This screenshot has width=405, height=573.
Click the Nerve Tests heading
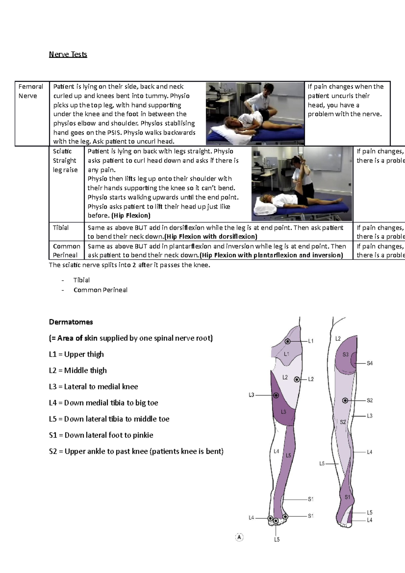68,54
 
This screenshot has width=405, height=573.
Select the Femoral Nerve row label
31,91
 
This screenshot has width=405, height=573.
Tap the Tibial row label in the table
61,228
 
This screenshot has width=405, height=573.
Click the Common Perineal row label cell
66,251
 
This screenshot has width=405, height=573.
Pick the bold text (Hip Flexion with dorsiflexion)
211,237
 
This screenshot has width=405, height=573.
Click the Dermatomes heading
71,322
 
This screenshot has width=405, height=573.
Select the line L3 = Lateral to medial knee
93,387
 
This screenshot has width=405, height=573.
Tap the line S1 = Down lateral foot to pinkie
101,435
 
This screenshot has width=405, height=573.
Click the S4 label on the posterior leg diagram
370,363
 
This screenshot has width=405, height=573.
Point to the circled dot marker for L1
288,342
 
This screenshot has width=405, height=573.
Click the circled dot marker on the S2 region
345,401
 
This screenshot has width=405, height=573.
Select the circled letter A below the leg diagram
239,537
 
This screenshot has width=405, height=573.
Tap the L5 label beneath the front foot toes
277,540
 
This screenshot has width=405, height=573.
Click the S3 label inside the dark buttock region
345,355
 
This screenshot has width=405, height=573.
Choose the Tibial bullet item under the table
81,280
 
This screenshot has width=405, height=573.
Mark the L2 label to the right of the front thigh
311,379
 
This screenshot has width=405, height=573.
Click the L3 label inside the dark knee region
283,412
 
